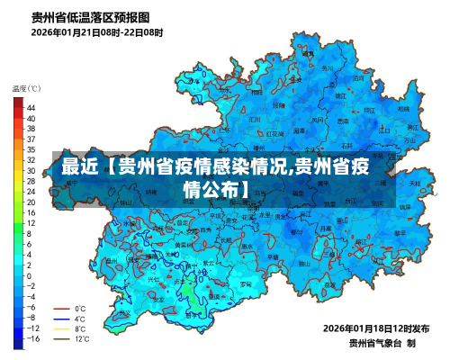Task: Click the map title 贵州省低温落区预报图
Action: tap(91, 16)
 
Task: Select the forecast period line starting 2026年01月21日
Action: tap(97, 32)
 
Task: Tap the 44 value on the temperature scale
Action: tap(31, 107)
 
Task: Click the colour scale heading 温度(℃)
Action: tap(26, 88)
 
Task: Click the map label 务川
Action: tap(327, 67)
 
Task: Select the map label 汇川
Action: tap(254, 119)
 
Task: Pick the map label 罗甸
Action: tap(216, 296)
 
